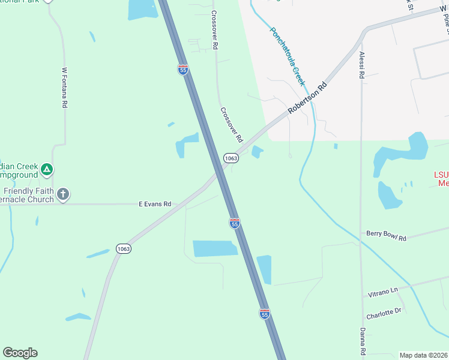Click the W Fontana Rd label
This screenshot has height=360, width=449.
point(64,88)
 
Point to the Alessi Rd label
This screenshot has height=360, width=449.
point(362,65)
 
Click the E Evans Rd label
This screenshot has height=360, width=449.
point(155,204)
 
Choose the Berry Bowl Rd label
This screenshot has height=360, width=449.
point(387,235)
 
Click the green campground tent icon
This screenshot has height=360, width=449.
point(47,170)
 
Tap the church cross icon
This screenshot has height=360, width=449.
point(63,194)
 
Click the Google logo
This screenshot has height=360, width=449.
point(20,353)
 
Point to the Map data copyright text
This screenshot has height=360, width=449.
point(423,355)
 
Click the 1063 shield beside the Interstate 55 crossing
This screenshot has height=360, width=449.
point(231,158)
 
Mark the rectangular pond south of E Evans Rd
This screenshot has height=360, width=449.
point(215,248)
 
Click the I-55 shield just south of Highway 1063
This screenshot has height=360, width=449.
point(235,223)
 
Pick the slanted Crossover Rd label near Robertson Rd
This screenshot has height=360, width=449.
point(231,124)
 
